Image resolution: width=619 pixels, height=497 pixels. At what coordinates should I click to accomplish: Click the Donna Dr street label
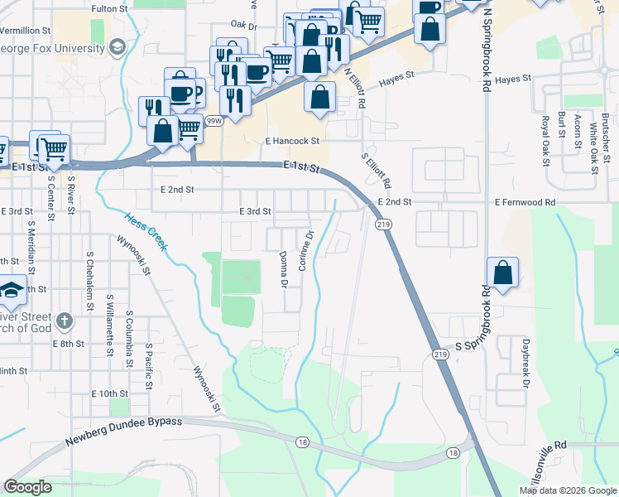[x=283, y=270]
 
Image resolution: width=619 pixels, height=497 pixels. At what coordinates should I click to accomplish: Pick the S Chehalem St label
[x=89, y=282]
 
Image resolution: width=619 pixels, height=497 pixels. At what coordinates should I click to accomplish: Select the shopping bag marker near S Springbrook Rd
[x=502, y=273]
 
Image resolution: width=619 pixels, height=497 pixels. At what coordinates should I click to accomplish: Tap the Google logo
[x=28, y=487]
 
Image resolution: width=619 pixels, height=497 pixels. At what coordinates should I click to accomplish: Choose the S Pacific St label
[x=149, y=366]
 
